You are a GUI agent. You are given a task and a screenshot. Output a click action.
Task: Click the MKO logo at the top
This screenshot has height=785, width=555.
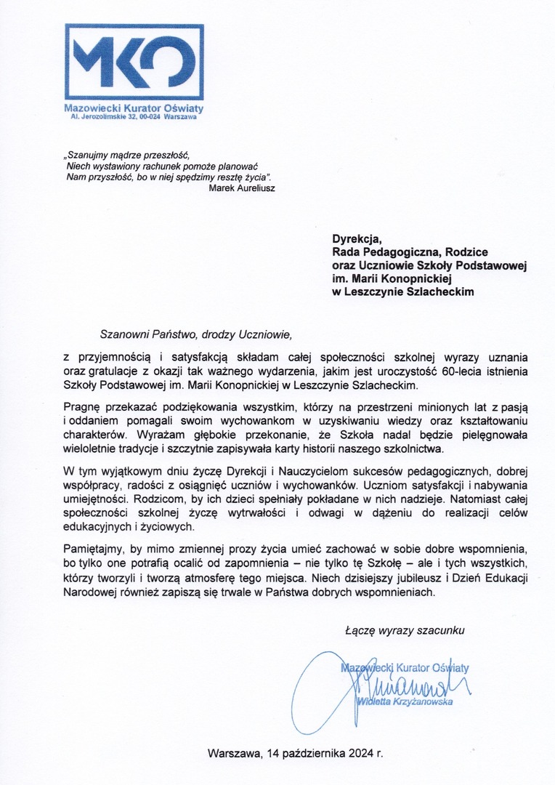point(134,63)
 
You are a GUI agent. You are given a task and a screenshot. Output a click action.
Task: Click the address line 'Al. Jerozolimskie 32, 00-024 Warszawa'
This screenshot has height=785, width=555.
point(133,116)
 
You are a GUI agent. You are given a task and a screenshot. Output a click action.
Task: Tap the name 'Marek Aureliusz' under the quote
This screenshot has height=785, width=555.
point(241,188)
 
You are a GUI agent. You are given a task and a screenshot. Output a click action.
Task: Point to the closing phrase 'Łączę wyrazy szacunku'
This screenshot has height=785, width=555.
point(405,630)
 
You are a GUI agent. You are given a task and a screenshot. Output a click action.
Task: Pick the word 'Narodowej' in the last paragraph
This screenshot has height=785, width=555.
point(90,592)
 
